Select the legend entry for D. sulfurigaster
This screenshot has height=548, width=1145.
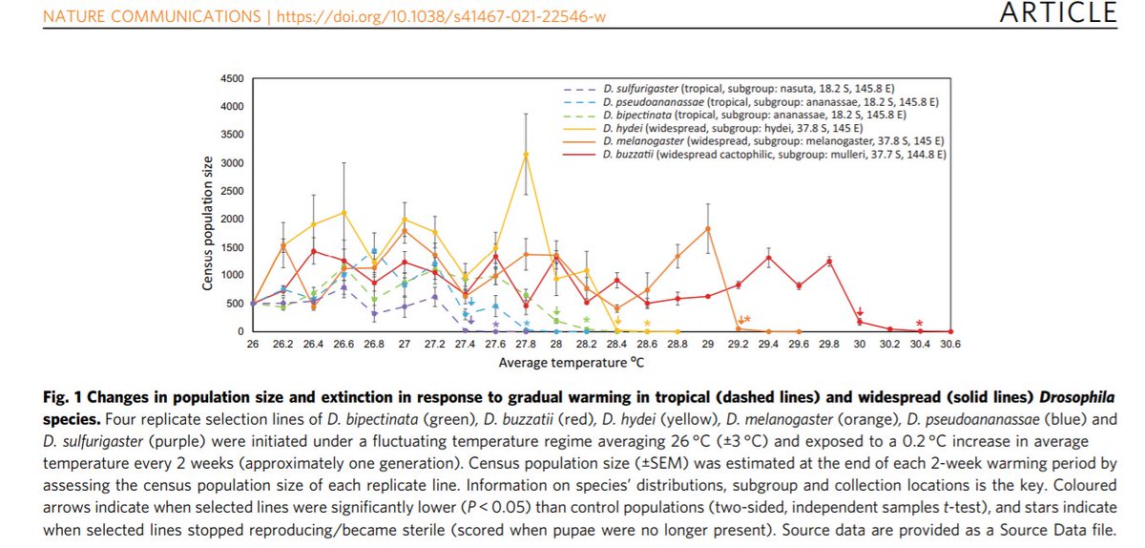tap(759, 88)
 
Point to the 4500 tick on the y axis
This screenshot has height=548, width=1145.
tap(232, 78)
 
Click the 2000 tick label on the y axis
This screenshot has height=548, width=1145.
tap(232, 219)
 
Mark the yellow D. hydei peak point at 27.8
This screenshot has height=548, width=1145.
tap(526, 155)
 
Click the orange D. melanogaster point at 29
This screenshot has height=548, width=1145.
tap(708, 228)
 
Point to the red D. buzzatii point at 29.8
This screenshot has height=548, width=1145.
tap(829, 261)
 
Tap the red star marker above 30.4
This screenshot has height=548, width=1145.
tap(919, 323)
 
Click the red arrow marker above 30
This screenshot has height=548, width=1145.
tap(860, 312)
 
